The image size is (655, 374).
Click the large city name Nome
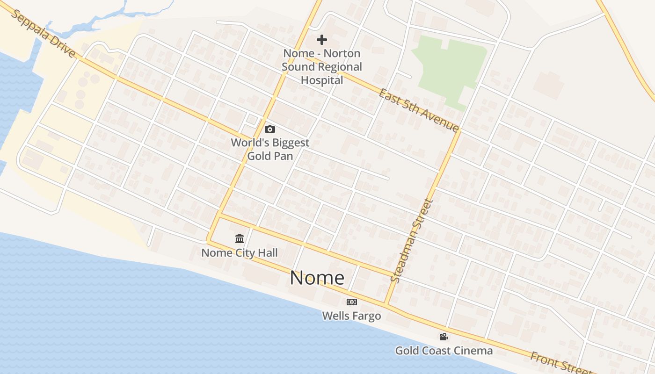coord(317,278)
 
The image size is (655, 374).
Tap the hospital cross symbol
coord(322,40)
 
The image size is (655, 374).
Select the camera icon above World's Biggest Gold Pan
coord(270,129)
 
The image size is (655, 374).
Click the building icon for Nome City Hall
coord(240,239)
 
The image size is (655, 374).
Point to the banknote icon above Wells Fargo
coord(351,302)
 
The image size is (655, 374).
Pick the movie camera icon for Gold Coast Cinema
coord(444,337)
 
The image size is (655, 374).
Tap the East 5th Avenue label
coord(419,110)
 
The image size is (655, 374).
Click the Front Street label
coord(557,363)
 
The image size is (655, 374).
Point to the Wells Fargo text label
coord(351,316)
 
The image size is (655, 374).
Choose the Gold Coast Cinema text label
coord(444,351)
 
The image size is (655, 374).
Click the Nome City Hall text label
coord(240,253)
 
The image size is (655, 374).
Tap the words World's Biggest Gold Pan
coord(270,149)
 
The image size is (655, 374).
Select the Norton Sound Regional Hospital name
coord(322,67)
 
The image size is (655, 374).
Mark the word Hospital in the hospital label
coord(322,80)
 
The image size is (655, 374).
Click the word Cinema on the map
coord(472,351)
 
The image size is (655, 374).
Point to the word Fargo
coord(366,316)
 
